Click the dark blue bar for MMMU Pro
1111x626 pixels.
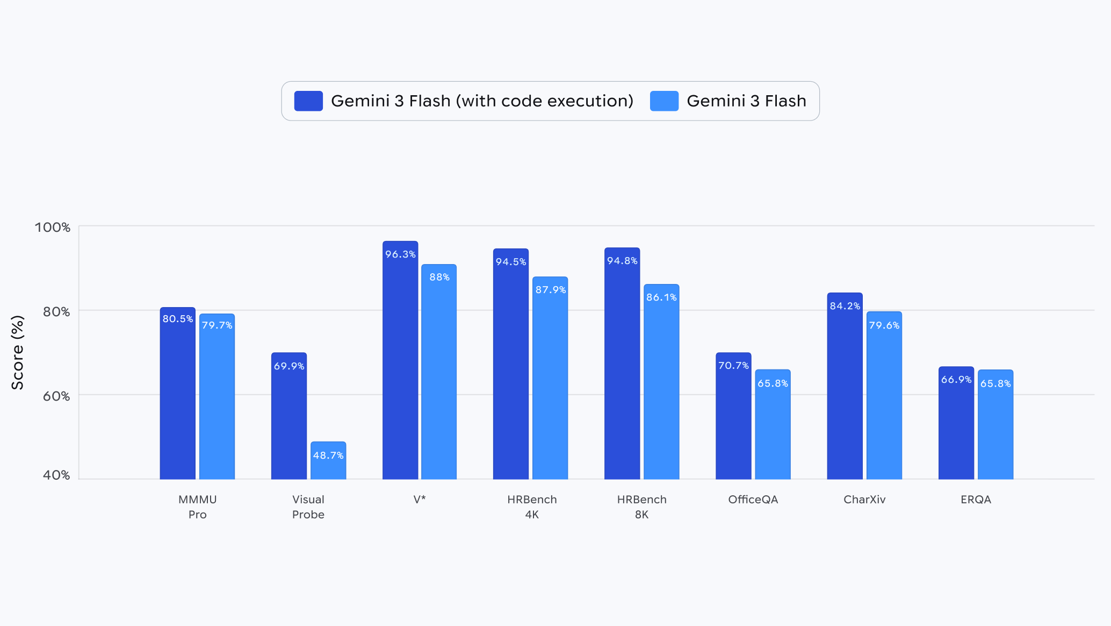tap(177, 398)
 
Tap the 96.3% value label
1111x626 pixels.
tap(400, 254)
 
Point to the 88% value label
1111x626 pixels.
tap(439, 277)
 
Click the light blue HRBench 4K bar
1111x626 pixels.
tap(550, 387)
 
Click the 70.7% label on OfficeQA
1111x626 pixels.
tap(733, 366)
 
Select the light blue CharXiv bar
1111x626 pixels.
tap(884, 403)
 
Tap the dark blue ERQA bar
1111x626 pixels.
tap(956, 430)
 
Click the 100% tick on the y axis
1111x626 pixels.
tap(53, 227)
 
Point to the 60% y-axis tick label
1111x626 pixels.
tap(56, 396)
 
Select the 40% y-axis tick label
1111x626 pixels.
tap(56, 475)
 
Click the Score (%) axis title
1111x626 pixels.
tap(18, 353)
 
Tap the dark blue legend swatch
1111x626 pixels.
tap(308, 101)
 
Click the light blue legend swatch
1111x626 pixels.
tap(664, 101)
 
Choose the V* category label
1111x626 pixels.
tap(420, 500)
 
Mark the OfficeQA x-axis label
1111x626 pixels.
tap(753, 500)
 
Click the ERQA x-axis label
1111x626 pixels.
tap(976, 500)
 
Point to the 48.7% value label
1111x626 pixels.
tap(328, 456)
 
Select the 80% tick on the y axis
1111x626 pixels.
tap(56, 312)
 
